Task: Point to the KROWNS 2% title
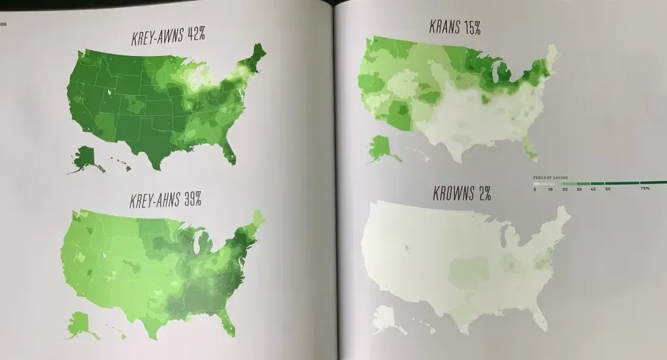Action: pos(461,193)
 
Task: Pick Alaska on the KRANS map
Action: pos(382,147)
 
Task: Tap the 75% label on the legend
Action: pos(644,189)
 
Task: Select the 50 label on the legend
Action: pos(606,189)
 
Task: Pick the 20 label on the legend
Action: pos(563,189)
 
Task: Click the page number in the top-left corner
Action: pos(3,25)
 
